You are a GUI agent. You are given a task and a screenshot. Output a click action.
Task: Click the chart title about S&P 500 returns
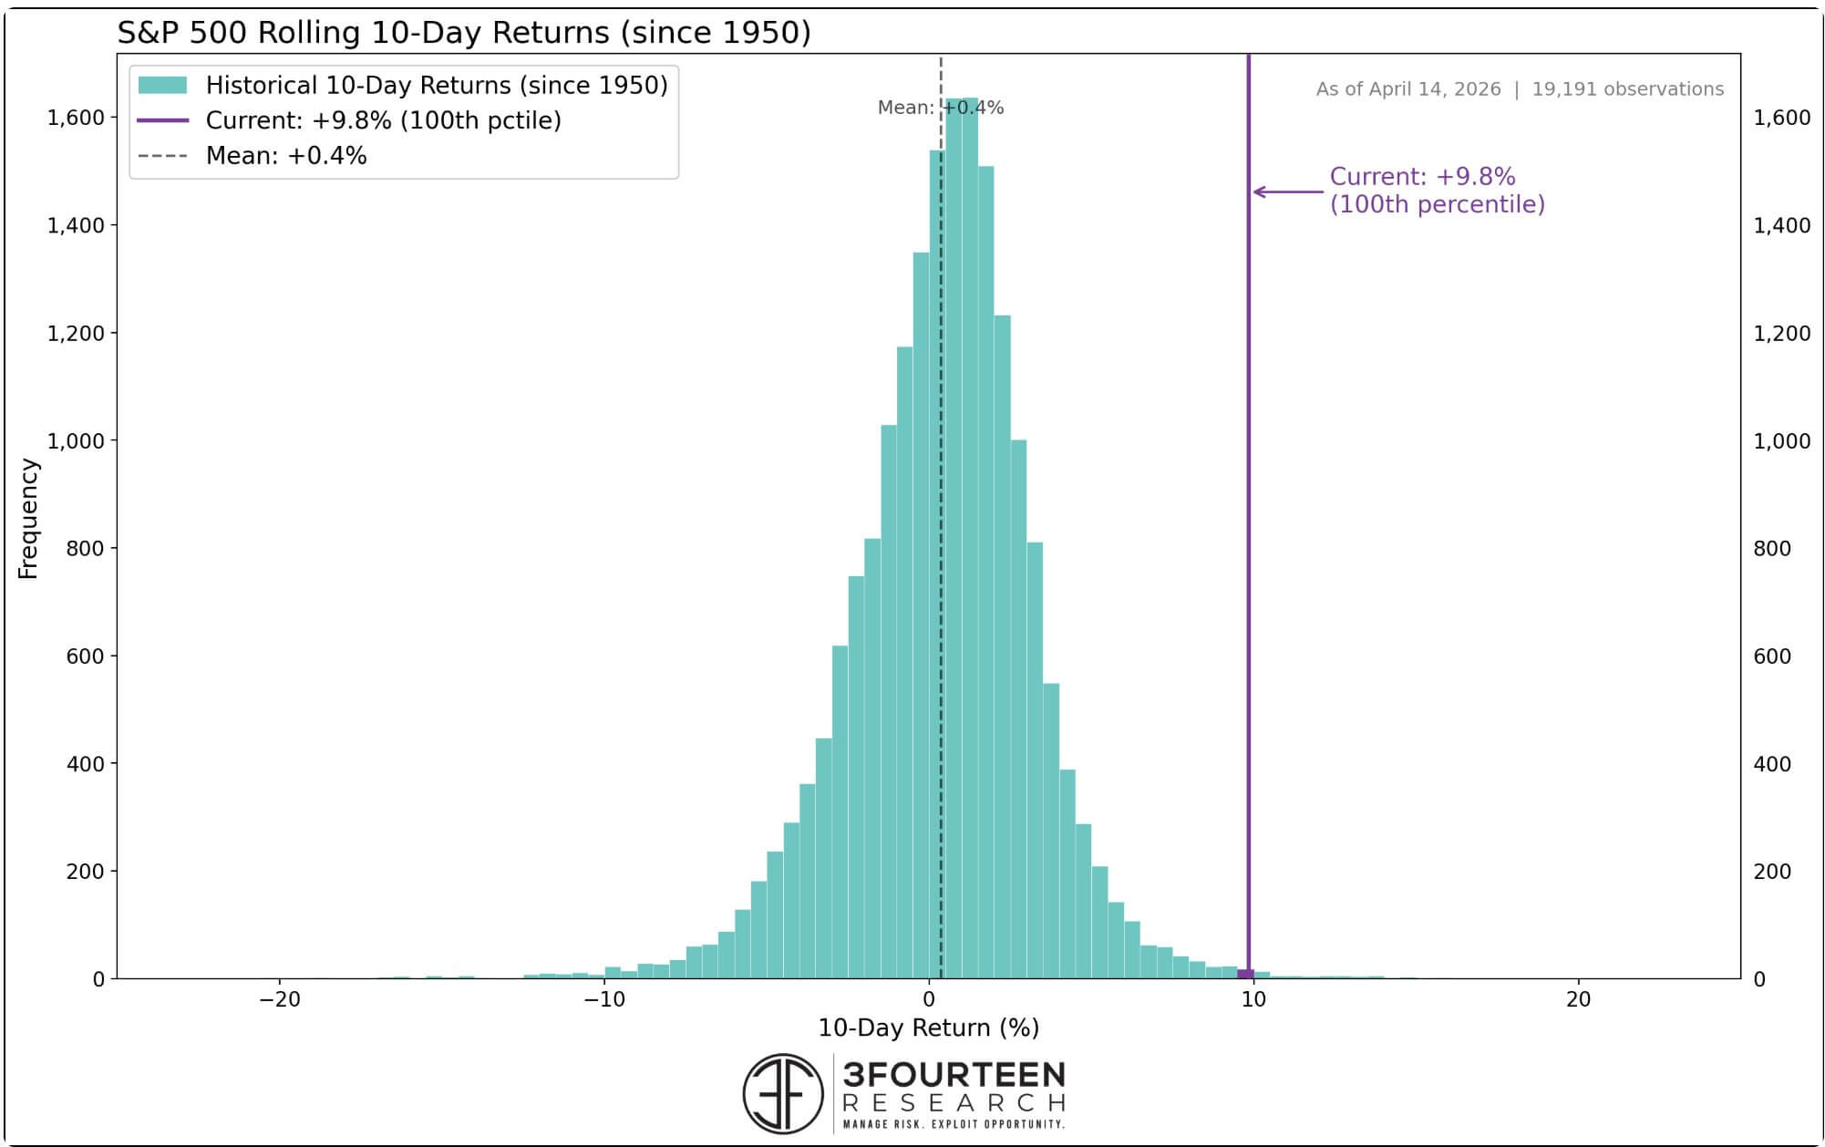464,33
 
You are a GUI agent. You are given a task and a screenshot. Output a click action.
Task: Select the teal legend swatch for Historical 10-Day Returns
162,86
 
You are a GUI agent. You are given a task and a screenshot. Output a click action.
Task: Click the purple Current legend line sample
162,120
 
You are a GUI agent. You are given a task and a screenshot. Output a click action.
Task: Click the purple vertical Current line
1248,547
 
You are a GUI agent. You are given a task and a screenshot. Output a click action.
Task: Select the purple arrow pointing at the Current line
1287,191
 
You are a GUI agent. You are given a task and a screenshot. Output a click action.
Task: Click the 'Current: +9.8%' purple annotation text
1422,177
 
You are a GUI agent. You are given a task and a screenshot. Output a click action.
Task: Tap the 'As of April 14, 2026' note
1407,89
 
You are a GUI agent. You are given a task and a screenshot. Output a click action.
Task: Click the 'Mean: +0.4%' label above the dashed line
940,108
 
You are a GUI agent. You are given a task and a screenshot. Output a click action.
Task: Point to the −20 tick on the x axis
279,999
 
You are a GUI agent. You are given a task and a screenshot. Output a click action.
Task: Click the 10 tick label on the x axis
1253,999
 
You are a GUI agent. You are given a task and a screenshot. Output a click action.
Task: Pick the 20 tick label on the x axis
1578,999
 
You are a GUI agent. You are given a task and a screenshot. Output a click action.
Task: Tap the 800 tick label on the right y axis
1772,549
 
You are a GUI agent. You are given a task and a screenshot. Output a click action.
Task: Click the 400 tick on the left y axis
86,764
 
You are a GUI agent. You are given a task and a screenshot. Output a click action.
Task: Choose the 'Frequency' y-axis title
28,519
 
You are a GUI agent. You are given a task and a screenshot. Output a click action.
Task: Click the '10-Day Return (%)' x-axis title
928,1028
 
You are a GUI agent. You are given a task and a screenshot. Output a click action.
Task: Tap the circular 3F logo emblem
783,1093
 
